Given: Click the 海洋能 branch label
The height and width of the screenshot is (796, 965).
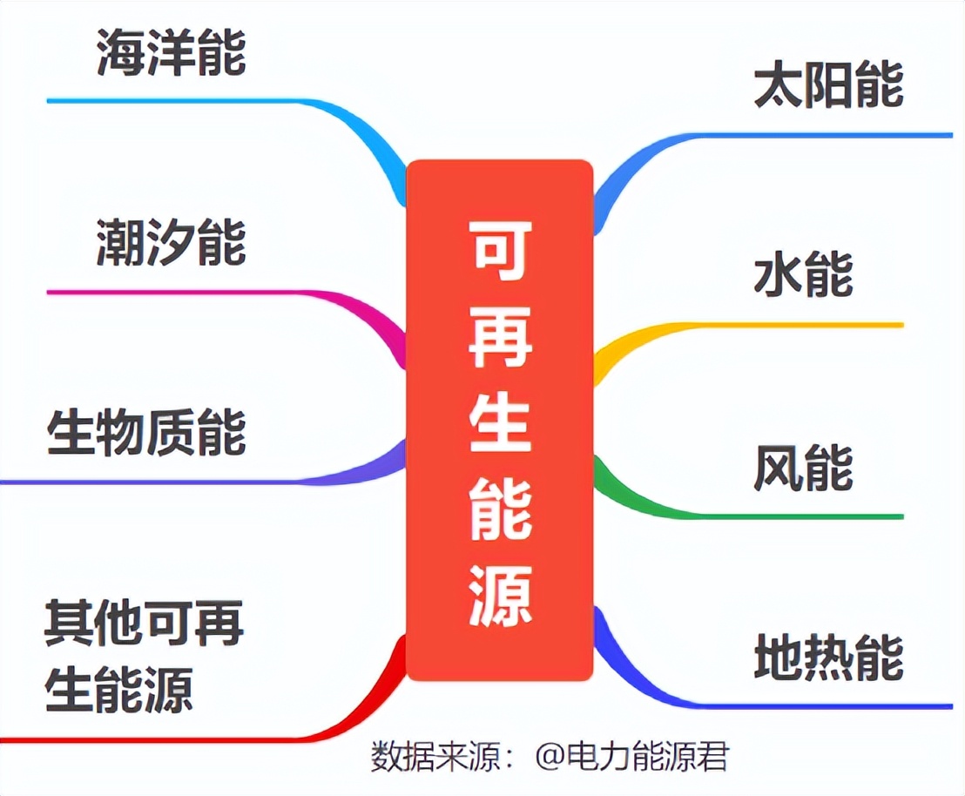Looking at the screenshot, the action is (172, 52).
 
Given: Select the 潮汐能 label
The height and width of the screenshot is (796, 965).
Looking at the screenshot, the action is (172, 242).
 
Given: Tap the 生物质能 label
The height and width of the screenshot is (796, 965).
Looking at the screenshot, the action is (146, 432).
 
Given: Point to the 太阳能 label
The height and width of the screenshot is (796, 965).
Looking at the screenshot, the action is (828, 84).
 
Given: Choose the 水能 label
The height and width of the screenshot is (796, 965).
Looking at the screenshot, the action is (803, 274).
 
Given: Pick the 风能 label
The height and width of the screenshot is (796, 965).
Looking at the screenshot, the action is (803, 466).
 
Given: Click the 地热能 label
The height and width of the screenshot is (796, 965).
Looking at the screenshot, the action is (828, 657).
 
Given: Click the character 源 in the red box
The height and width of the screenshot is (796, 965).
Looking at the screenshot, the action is (500, 596).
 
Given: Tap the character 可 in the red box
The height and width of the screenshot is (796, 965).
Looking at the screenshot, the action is (500, 250).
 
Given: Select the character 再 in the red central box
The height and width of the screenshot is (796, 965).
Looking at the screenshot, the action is (500, 337).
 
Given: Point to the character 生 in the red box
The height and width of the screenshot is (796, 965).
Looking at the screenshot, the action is (500, 422).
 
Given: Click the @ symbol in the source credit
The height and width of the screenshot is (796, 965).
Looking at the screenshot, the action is (548, 755).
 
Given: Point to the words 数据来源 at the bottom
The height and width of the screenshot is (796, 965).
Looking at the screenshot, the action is (435, 755).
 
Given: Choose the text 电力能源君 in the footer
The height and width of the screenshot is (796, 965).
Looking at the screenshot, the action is (646, 755).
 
